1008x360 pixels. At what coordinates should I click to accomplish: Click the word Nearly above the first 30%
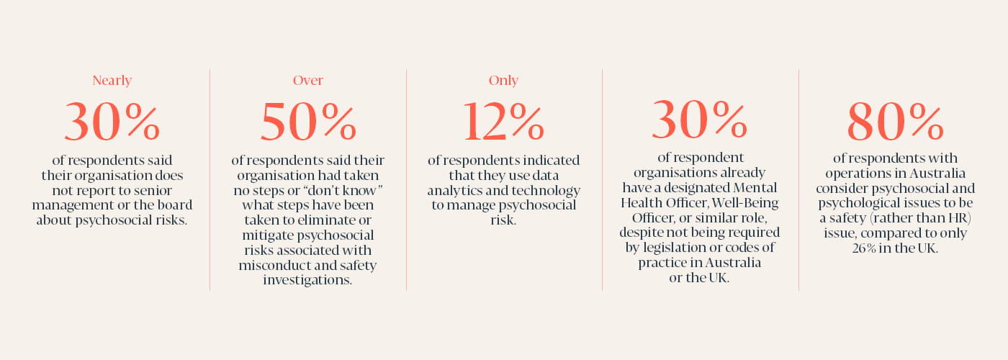point(112,81)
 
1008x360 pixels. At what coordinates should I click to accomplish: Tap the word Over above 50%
point(307,81)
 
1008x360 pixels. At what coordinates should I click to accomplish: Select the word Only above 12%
point(503,81)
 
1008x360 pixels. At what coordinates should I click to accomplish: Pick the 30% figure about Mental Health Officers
point(699,120)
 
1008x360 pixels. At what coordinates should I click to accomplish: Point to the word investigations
point(307,281)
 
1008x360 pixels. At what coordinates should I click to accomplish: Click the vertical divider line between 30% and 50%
point(210,180)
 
